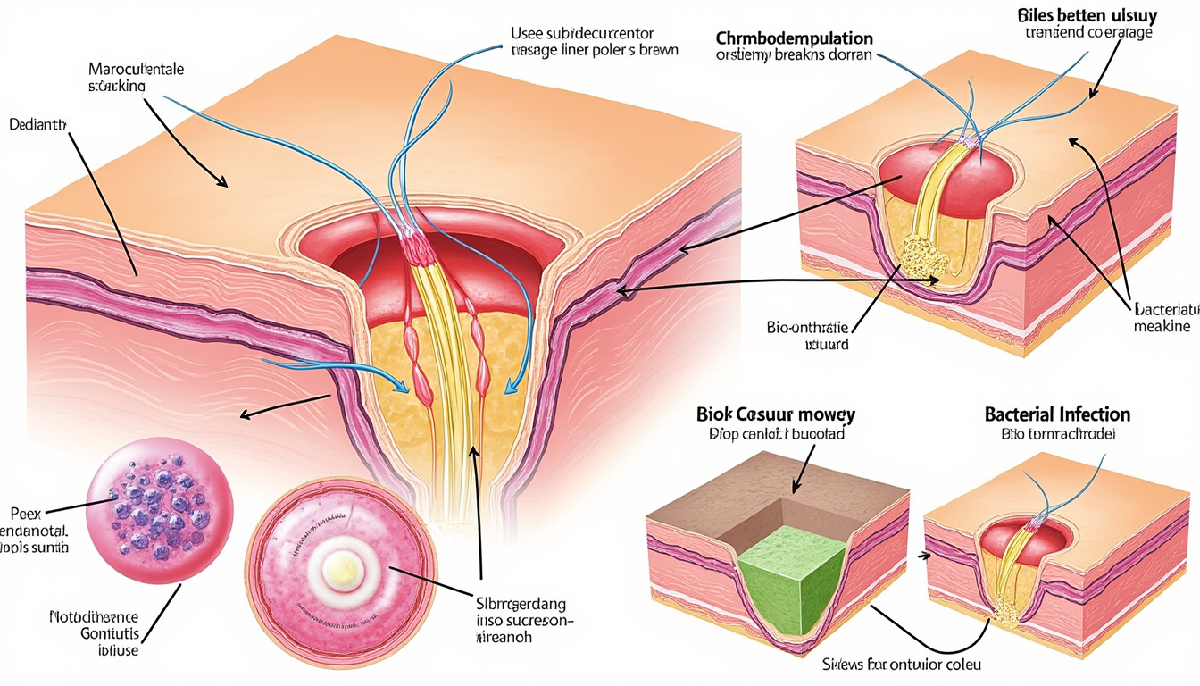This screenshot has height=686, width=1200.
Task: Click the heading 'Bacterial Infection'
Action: click(x=1057, y=414)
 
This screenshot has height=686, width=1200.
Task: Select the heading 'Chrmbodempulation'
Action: click(x=794, y=38)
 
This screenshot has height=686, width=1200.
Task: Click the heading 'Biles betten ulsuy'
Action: click(x=1086, y=15)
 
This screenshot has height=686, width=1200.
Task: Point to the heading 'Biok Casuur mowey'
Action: click(x=775, y=414)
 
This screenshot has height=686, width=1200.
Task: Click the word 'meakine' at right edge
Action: click(x=1162, y=327)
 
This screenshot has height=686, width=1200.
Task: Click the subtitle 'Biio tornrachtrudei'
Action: click(x=1056, y=435)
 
